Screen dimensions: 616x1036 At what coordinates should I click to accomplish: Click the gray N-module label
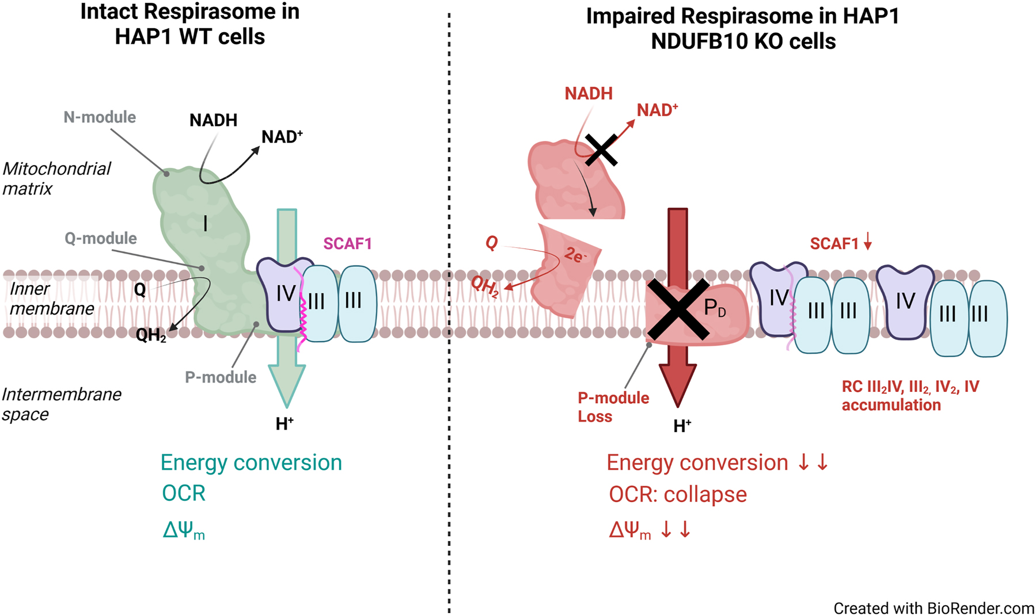tap(100, 117)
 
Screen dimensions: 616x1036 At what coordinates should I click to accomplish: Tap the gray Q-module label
tap(101, 239)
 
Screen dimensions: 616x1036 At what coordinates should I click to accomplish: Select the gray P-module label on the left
tap(221, 377)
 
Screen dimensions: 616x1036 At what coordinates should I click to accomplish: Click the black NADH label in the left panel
tap(213, 120)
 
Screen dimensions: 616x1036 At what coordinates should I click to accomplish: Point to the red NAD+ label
tap(656, 110)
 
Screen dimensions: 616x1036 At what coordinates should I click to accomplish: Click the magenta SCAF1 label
tap(347, 244)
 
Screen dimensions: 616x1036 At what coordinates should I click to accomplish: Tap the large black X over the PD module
tap(678, 309)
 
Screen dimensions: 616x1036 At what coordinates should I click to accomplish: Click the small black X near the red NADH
tap(601, 150)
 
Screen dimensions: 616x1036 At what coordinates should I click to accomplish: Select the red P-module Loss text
tap(613, 407)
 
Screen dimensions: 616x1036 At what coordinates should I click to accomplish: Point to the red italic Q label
tap(491, 243)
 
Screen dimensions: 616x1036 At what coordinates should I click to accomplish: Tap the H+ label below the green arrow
tap(284, 424)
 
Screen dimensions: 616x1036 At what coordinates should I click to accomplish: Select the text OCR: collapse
tap(677, 495)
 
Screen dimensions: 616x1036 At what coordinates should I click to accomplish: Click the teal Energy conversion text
tap(251, 463)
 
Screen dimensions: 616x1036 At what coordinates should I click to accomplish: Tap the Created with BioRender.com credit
tap(933, 608)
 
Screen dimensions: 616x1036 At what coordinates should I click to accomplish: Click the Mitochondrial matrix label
tap(56, 178)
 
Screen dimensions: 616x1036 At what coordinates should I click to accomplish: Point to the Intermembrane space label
tap(61, 404)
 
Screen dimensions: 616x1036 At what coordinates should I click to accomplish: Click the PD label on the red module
tap(715, 309)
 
